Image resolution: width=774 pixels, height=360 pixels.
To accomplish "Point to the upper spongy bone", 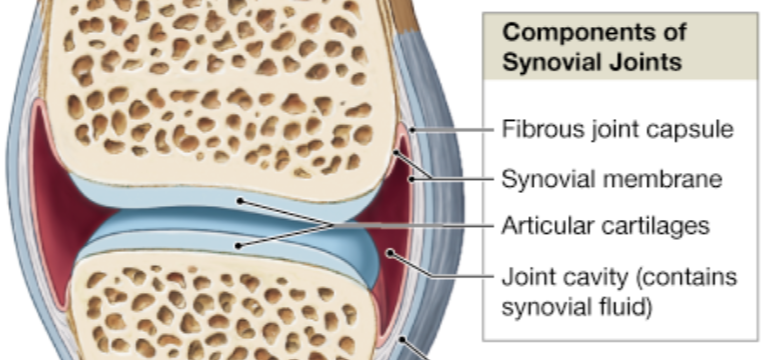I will click(220, 90).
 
